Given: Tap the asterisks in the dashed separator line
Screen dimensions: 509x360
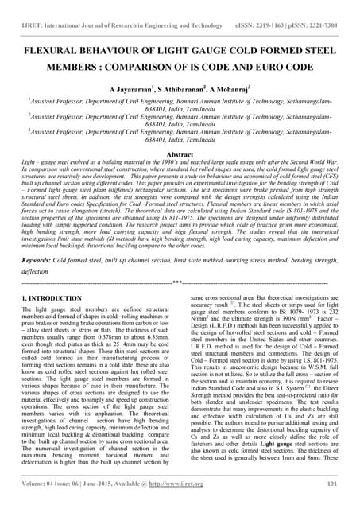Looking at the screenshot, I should coord(179,282).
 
